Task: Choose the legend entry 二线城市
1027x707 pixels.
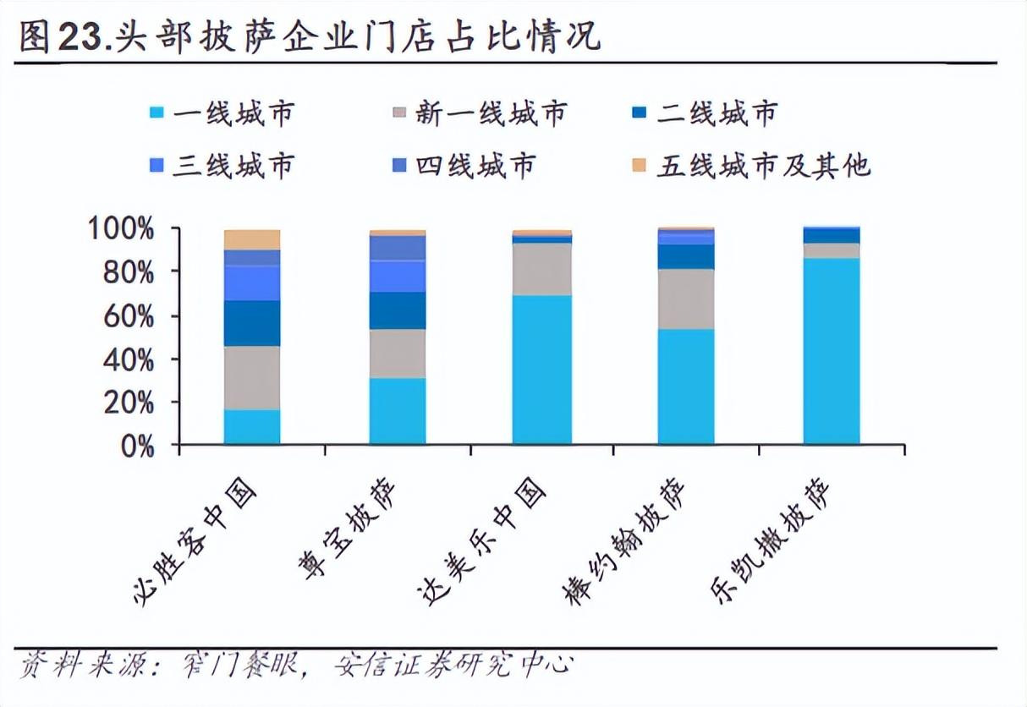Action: pos(706,112)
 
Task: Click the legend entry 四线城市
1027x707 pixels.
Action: pos(464,165)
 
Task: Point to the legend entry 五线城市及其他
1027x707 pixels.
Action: pos(753,165)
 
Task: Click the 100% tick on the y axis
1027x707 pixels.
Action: pos(122,229)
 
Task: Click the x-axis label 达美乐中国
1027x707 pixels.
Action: pos(486,541)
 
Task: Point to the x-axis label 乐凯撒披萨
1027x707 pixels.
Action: pos(773,541)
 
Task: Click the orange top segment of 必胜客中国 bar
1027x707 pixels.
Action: pos(252,239)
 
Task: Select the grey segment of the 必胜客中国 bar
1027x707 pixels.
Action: pos(252,377)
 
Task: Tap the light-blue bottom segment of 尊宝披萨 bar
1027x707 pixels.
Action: pos(398,410)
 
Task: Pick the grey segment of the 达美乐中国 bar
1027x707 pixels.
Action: pos(542,269)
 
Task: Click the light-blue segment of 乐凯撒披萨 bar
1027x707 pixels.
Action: pos(832,351)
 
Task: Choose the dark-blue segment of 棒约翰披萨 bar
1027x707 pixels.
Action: pos(686,256)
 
